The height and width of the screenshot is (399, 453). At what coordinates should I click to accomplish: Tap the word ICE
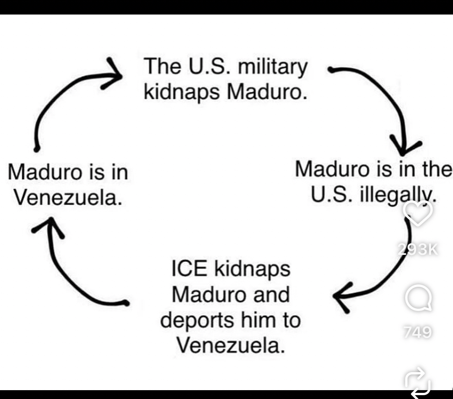(189, 269)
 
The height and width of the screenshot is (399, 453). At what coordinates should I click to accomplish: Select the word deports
(197, 321)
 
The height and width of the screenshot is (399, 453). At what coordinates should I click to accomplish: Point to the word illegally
(398, 196)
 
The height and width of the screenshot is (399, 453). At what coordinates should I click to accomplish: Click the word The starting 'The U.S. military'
(162, 66)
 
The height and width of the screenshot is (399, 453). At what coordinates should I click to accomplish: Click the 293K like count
(418, 249)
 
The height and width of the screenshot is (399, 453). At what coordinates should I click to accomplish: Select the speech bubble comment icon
(418, 298)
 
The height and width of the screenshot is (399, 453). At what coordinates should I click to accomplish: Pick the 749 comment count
(418, 332)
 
